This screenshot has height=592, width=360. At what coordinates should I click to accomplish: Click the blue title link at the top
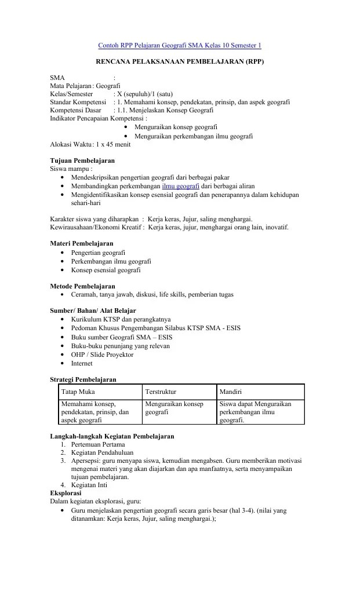pyautogui.click(x=179, y=45)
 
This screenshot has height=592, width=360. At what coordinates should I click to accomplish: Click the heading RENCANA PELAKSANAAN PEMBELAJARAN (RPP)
pyautogui.click(x=179, y=61)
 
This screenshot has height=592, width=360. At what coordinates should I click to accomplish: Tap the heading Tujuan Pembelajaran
pyautogui.click(x=82, y=160)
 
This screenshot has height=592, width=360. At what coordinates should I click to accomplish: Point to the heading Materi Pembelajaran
pyautogui.click(x=82, y=243)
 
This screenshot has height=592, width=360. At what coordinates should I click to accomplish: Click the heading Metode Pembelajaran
pyautogui.click(x=82, y=286)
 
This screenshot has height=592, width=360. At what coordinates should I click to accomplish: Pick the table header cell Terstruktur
pyautogui.click(x=161, y=392)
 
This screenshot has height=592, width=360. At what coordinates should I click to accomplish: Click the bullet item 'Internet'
pyautogui.click(x=82, y=363)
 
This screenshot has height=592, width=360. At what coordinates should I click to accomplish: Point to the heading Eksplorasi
pyautogui.click(x=66, y=492)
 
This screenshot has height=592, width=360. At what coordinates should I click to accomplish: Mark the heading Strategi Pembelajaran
pyautogui.click(x=83, y=379)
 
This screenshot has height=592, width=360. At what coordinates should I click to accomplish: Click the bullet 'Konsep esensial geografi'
pyautogui.click(x=106, y=270)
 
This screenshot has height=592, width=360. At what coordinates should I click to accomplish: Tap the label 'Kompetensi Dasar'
pyautogui.click(x=75, y=110)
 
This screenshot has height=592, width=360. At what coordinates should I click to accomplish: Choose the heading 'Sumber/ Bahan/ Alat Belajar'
pyautogui.click(x=93, y=310)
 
